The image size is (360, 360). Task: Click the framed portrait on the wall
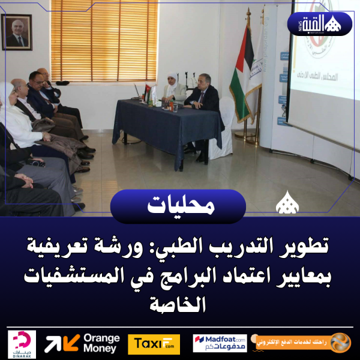coord(17,32)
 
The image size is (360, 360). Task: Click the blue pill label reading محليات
coord(178,206)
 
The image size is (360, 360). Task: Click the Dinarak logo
coord(23,344)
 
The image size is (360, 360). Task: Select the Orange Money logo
coord(82,343)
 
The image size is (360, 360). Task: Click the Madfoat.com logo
coord(220,344)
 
